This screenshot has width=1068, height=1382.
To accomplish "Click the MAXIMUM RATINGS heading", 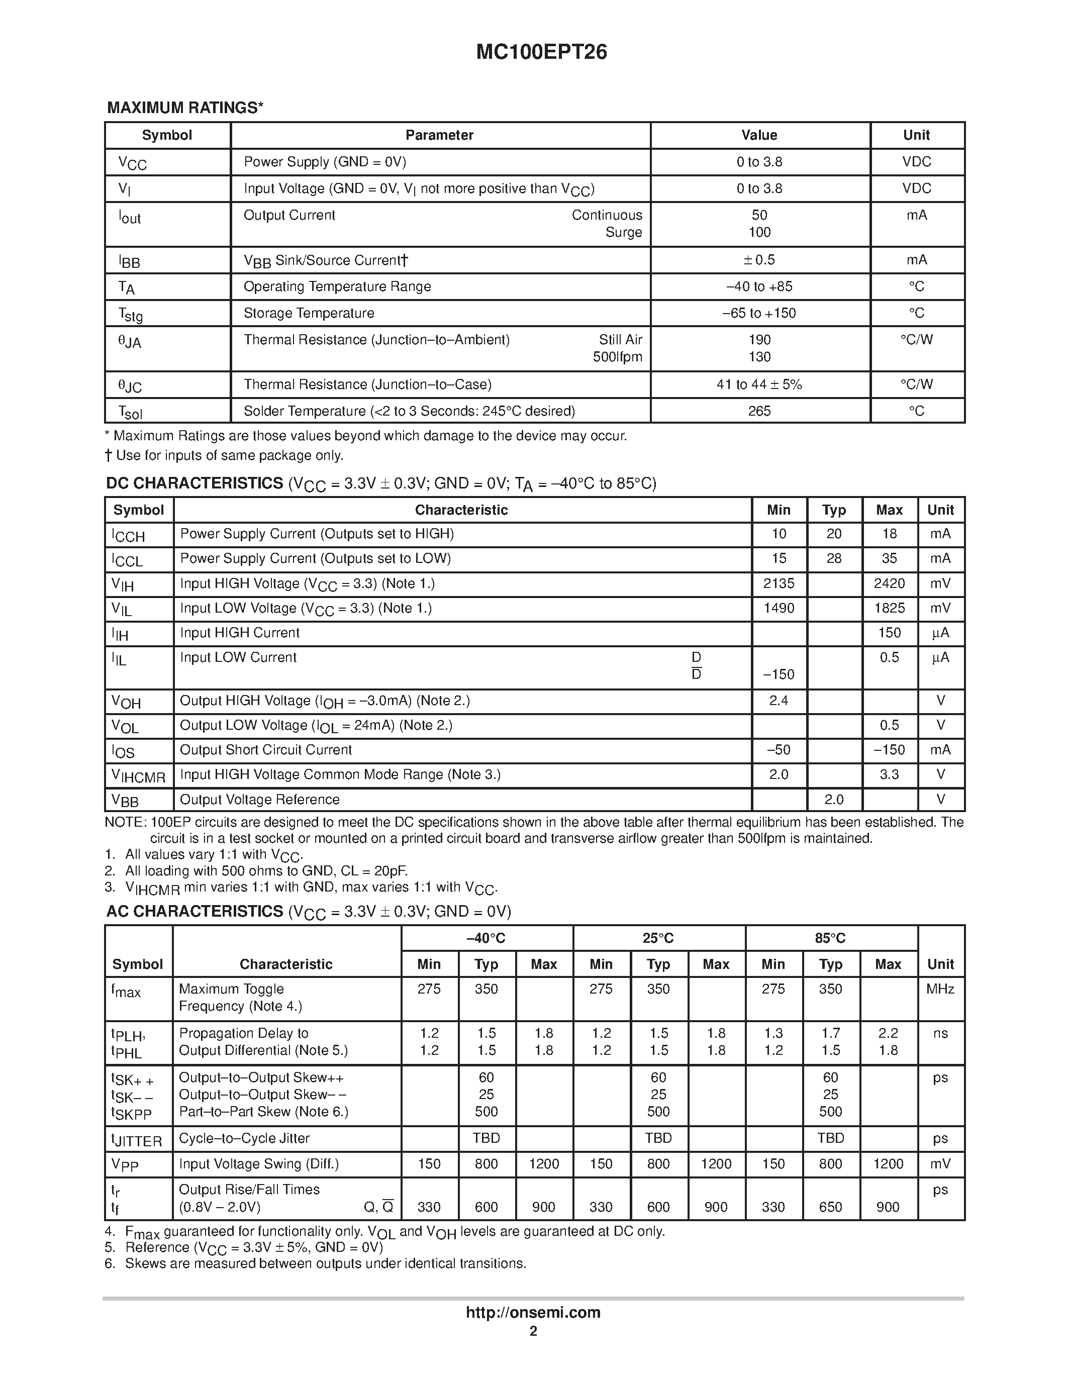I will point(185,108).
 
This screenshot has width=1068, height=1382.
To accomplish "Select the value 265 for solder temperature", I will point(759,411).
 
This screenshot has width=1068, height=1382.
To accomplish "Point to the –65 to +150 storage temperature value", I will point(759,313).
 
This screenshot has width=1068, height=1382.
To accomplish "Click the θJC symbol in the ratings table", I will point(130,385).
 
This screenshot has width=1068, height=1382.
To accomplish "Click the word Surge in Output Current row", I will point(623,232).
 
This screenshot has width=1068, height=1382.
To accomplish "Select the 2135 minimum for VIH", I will point(779,583).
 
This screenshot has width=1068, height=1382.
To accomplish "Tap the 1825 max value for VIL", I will point(889,608).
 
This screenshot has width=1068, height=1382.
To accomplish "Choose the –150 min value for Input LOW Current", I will point(779,674).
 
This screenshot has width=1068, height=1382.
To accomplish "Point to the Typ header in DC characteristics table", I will point(834,510).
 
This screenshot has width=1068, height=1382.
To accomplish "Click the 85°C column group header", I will point(830,938).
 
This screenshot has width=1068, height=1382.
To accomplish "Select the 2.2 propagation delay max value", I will point(888,1033).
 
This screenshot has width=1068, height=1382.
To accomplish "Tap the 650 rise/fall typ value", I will point(830,1207).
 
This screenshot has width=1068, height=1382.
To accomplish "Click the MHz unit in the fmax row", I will point(940,989).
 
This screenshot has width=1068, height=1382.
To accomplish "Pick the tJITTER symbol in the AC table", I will point(137,1140).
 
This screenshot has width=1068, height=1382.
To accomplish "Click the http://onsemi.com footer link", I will point(533,1312).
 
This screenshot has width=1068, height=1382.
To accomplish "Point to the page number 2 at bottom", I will point(533,1331).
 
